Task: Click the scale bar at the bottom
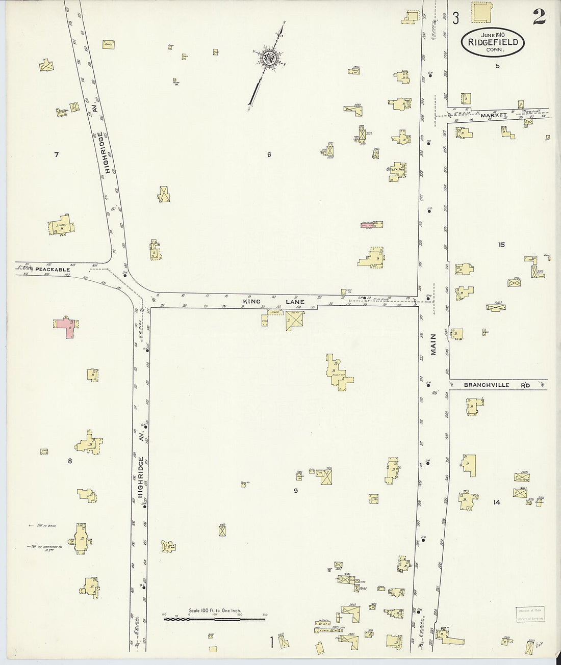[214, 619]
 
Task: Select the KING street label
[251, 302]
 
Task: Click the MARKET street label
[493, 116]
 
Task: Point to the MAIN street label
[434, 345]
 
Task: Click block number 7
[57, 154]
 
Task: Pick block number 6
[269, 154]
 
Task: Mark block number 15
[501, 245]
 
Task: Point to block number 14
[497, 502]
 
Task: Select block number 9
[295, 491]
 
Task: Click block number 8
[70, 461]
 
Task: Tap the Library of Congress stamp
[531, 615]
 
